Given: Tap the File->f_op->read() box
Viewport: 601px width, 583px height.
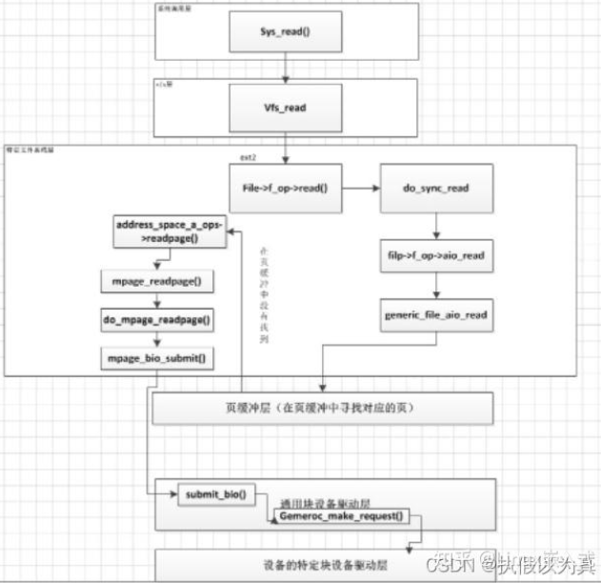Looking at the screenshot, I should tap(285, 189).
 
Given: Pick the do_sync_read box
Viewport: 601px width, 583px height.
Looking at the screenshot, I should tap(437, 189).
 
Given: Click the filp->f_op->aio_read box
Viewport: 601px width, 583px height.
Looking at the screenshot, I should tap(437, 254).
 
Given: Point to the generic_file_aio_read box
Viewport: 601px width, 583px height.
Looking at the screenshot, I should tap(437, 315).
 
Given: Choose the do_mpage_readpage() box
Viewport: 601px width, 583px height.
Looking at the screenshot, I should tap(158, 320).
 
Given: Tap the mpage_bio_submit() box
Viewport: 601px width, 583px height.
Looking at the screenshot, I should tap(158, 358).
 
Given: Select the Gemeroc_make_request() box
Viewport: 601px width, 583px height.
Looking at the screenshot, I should tap(341, 517).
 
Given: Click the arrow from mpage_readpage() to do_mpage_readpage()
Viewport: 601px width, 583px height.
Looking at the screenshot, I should tap(158, 301).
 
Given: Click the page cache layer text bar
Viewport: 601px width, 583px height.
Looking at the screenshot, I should tap(323, 409).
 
